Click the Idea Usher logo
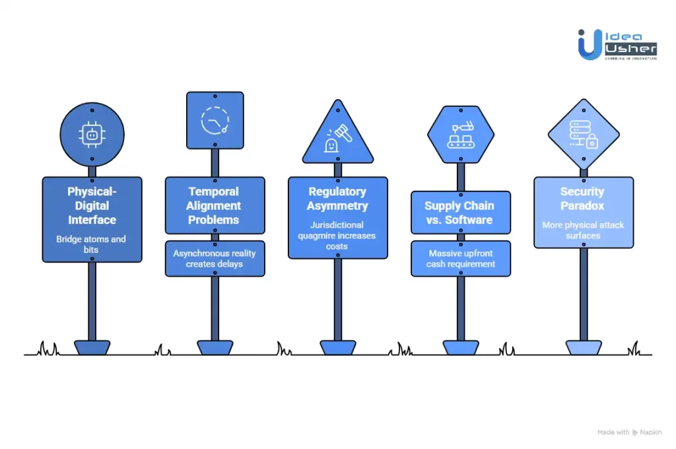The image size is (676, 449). (617, 44)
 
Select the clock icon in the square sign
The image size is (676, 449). (215, 120)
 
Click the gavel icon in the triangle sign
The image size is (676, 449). (337, 139)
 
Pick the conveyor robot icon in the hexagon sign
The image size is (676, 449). (460, 135)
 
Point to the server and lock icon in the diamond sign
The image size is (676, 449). (583, 135)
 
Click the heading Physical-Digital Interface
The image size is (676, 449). (92, 205)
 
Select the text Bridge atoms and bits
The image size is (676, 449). (92, 244)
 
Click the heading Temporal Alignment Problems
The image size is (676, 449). (215, 205)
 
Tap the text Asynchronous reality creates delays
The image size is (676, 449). (215, 258)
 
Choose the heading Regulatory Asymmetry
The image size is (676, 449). (337, 198)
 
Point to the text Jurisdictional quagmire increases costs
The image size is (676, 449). (337, 236)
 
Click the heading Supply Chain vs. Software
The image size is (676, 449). (460, 213)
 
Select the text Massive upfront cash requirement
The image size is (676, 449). (460, 258)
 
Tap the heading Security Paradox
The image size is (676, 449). (583, 198)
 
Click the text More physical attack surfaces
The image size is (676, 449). (583, 230)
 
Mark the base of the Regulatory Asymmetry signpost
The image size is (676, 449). (337, 348)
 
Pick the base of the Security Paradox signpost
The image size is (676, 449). (583, 348)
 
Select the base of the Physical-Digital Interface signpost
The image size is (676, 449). (92, 348)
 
